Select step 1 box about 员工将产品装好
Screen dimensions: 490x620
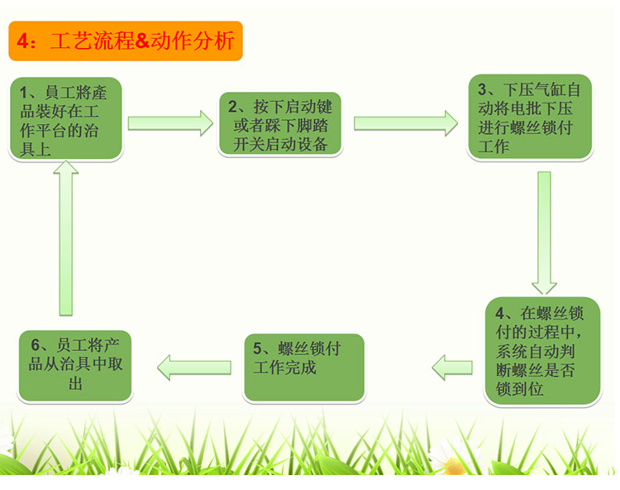click(67, 118)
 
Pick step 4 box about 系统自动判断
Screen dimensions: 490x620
click(541, 351)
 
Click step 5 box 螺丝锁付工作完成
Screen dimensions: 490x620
click(304, 366)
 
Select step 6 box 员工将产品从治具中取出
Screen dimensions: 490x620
click(75, 364)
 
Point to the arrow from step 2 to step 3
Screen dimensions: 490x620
click(405, 123)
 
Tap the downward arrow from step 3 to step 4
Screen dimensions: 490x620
click(543, 232)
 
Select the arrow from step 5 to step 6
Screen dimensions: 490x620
click(194, 365)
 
